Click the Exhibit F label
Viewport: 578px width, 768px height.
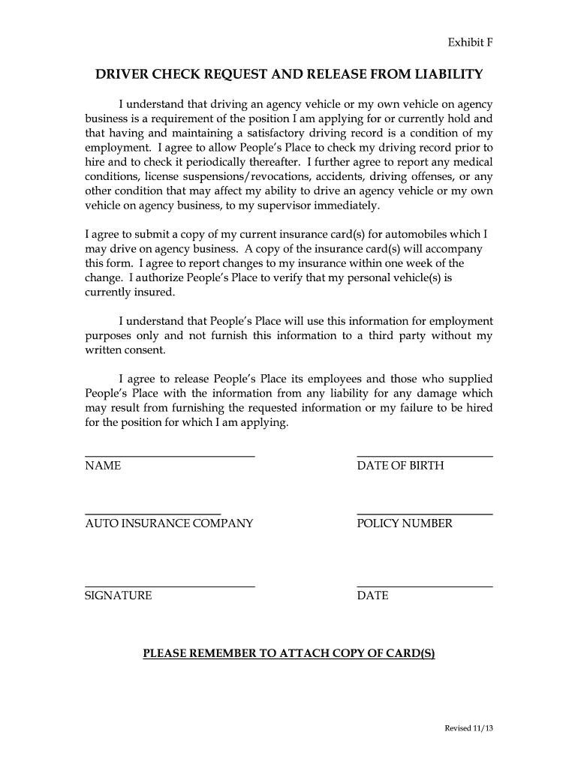[x=471, y=42]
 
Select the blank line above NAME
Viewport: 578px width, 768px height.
[x=170, y=456]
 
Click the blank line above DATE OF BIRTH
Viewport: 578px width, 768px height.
[x=425, y=456]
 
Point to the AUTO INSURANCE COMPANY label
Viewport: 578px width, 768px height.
[x=169, y=523]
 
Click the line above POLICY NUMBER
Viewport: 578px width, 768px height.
[x=425, y=514]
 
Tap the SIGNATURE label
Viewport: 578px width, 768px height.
[x=119, y=595]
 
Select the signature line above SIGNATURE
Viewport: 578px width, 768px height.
[x=170, y=586]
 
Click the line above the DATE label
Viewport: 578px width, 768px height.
[x=425, y=586]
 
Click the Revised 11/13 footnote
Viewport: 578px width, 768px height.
[x=469, y=728]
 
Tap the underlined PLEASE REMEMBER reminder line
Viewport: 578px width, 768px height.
[x=289, y=653]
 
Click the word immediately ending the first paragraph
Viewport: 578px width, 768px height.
[x=345, y=205]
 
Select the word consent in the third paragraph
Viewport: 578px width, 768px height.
[x=161, y=350]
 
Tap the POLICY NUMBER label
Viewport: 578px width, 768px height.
[x=405, y=523]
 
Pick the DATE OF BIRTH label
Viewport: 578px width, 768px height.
[x=400, y=466]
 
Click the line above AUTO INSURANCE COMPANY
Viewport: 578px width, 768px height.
[x=153, y=514]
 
